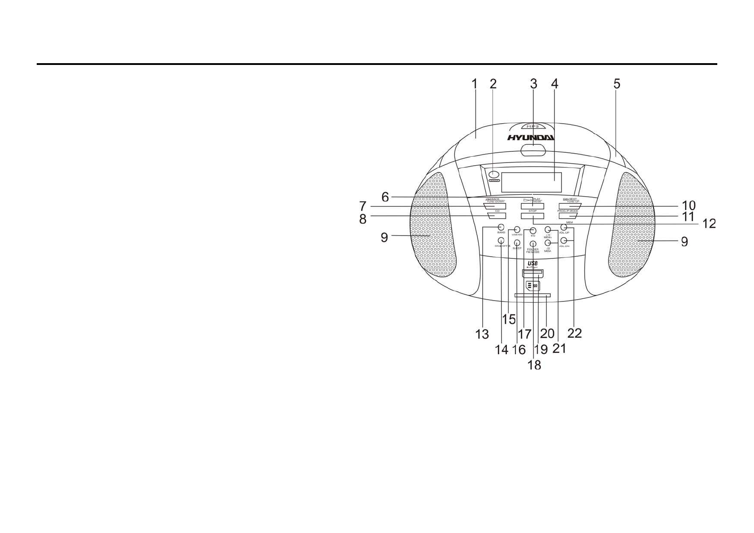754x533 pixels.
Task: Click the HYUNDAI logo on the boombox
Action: point(531,138)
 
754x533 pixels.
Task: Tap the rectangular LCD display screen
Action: point(531,183)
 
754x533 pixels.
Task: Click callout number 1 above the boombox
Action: point(475,84)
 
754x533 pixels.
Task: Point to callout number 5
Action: point(617,84)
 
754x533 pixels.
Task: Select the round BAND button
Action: point(501,227)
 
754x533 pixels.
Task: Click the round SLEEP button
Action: point(517,243)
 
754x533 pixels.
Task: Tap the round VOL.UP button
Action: point(564,228)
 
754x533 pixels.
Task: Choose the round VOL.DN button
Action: point(564,241)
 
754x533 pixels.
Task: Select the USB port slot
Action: point(532,273)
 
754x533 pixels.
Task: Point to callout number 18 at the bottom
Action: point(534,365)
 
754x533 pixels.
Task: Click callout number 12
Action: point(709,223)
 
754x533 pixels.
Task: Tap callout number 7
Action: point(363,206)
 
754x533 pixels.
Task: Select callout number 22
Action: point(574,333)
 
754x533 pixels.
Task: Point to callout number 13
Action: point(482,334)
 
